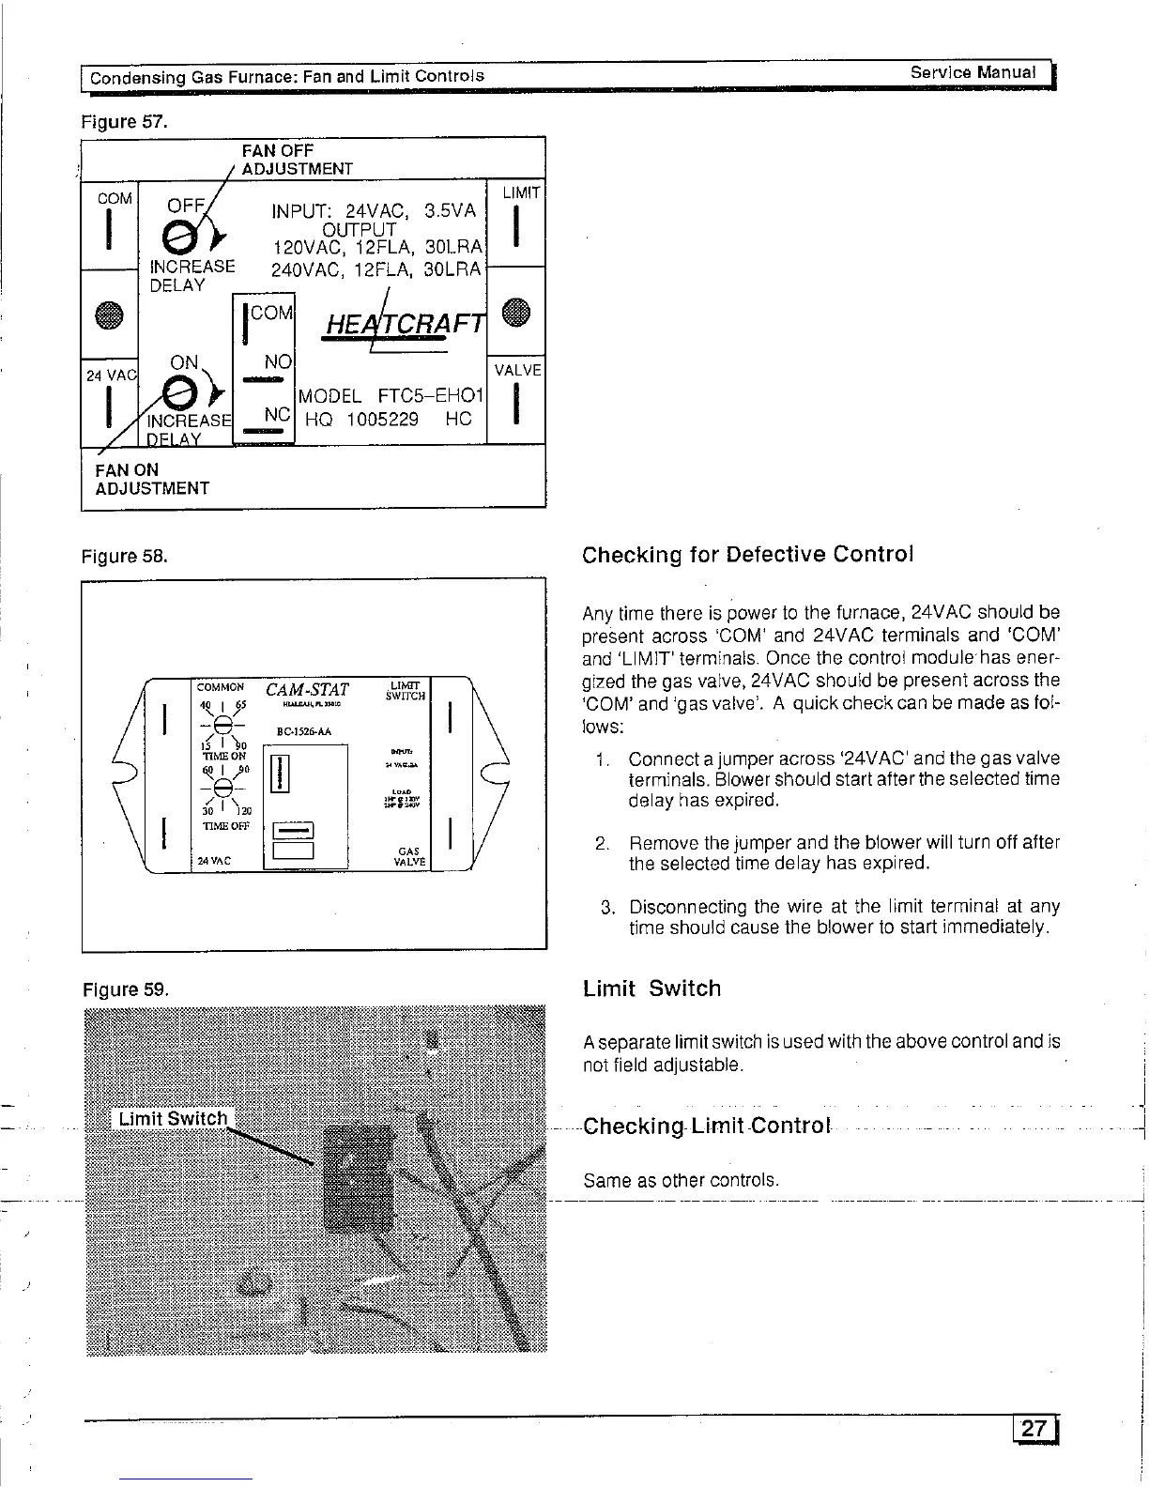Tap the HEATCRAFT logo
pos(403,323)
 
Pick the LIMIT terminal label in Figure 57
pos(521,192)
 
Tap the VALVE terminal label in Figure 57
pos(518,370)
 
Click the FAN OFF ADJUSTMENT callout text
pos(297,160)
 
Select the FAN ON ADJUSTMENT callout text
pos(152,479)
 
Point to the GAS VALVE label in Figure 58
pos(410,856)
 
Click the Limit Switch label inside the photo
pos(173,1118)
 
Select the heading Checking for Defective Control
pos(747,554)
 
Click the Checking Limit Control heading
pos(707,1126)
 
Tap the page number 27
pos(1034,1429)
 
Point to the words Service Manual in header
pos(973,72)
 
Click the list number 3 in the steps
pos(608,907)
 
